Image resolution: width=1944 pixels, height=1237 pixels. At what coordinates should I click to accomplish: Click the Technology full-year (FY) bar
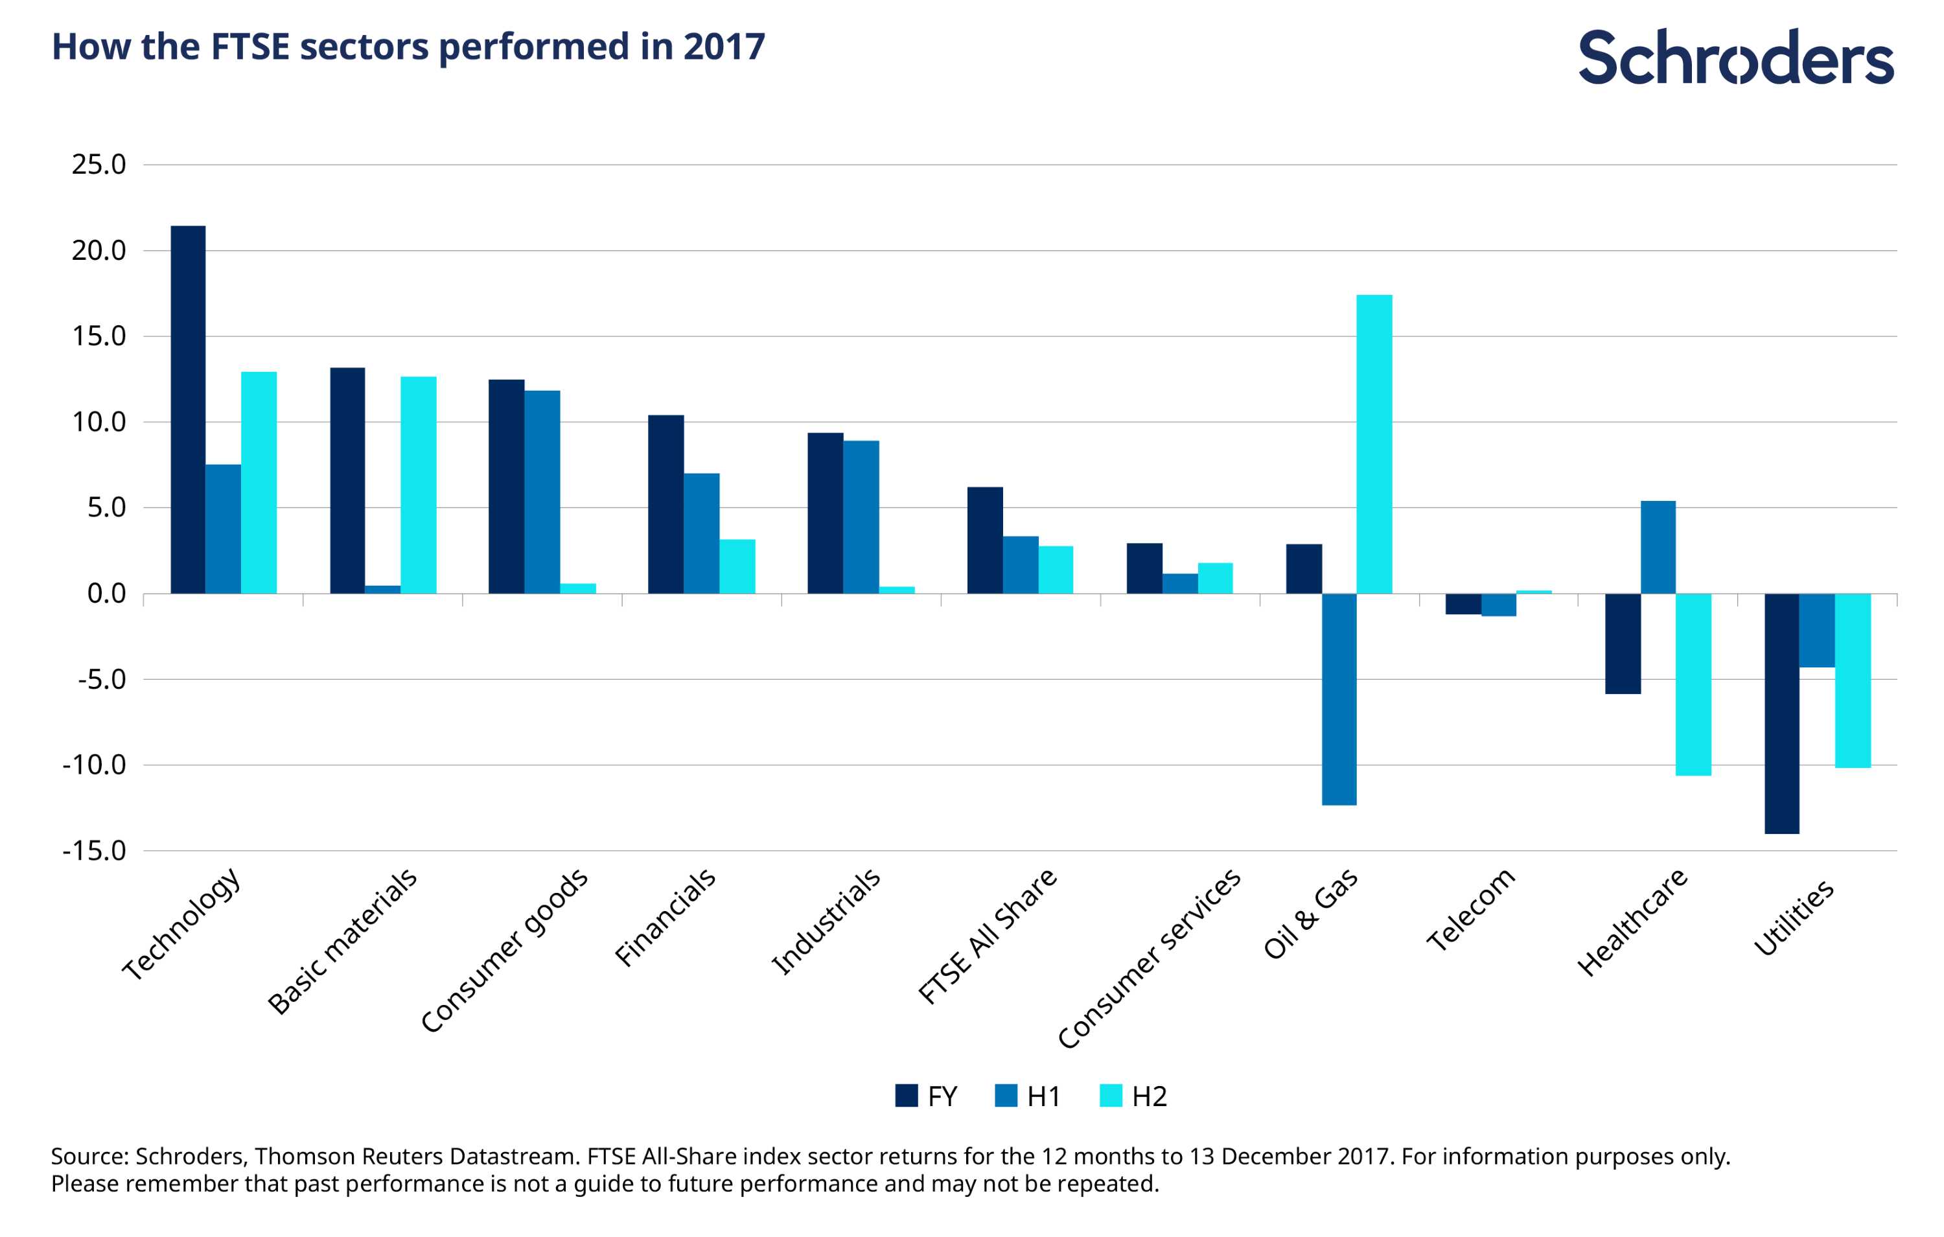188,410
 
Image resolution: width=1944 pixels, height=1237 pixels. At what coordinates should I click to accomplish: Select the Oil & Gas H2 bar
1374,444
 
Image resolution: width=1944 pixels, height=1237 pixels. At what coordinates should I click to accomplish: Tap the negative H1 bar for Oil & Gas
1339,699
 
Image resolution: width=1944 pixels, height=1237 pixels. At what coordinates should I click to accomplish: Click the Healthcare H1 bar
1658,548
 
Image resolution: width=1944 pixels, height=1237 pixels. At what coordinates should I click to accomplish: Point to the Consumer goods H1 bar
542,492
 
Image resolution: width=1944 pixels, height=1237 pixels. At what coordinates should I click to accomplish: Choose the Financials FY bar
666,504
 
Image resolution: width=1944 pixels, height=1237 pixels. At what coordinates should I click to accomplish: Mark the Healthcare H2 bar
1694,685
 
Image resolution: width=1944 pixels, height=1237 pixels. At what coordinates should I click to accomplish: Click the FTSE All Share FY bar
985,540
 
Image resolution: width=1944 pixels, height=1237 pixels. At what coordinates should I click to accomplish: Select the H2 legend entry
1133,1096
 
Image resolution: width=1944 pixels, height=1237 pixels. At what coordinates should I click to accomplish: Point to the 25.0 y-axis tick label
98,165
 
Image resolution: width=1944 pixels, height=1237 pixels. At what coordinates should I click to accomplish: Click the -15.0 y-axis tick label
95,850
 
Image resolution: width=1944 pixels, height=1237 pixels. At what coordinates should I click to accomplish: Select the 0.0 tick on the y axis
106,594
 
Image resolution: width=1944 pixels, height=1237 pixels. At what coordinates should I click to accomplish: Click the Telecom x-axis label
1471,910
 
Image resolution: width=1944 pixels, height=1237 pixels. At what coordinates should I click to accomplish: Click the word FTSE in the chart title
250,47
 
